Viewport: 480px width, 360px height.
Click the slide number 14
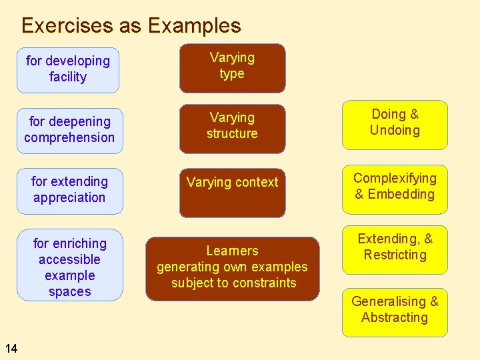pyautogui.click(x=11, y=347)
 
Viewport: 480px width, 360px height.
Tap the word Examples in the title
pyautogui.click(x=194, y=26)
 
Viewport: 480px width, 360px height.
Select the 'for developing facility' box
pyautogui.click(x=68, y=69)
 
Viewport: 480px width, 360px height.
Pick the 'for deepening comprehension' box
pyautogui.click(x=69, y=130)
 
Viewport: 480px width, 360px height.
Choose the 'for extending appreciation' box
pyautogui.click(x=69, y=190)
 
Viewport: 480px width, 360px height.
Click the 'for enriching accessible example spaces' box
pyautogui.click(x=69, y=267)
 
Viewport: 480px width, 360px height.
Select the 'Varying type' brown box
pyautogui.click(x=232, y=67)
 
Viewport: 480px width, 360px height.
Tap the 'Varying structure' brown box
pyautogui.click(x=232, y=126)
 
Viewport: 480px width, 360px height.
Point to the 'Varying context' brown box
pyautogui.click(x=232, y=193)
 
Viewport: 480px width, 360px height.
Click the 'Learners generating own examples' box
pyautogui.click(x=232, y=268)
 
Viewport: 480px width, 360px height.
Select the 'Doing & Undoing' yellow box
pyautogui.click(x=395, y=124)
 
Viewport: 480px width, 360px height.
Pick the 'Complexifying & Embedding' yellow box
pyautogui.click(x=395, y=188)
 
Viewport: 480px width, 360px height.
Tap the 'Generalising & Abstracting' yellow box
pyautogui.click(x=395, y=311)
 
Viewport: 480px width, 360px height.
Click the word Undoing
pyautogui.click(x=395, y=130)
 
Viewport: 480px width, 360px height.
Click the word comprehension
pyautogui.click(x=69, y=137)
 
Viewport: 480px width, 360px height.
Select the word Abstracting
pyautogui.click(x=395, y=317)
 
